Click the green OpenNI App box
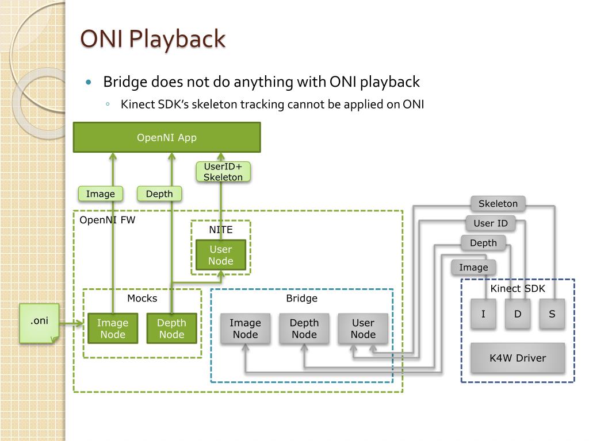point(167,137)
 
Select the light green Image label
point(100,194)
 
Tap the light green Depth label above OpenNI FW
point(159,194)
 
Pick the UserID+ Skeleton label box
point(223,172)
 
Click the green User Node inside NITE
point(221,255)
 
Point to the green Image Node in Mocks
point(113,328)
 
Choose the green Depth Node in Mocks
point(171,328)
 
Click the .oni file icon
point(39,323)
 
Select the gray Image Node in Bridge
point(245,328)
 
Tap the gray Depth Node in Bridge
point(304,328)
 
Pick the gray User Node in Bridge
point(363,328)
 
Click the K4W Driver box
point(518,358)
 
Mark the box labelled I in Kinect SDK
point(483,314)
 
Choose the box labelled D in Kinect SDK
point(518,314)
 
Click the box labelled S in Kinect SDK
point(552,314)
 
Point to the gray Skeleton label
point(498,203)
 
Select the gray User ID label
point(491,223)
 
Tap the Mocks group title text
point(142,299)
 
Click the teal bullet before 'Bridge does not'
point(89,82)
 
